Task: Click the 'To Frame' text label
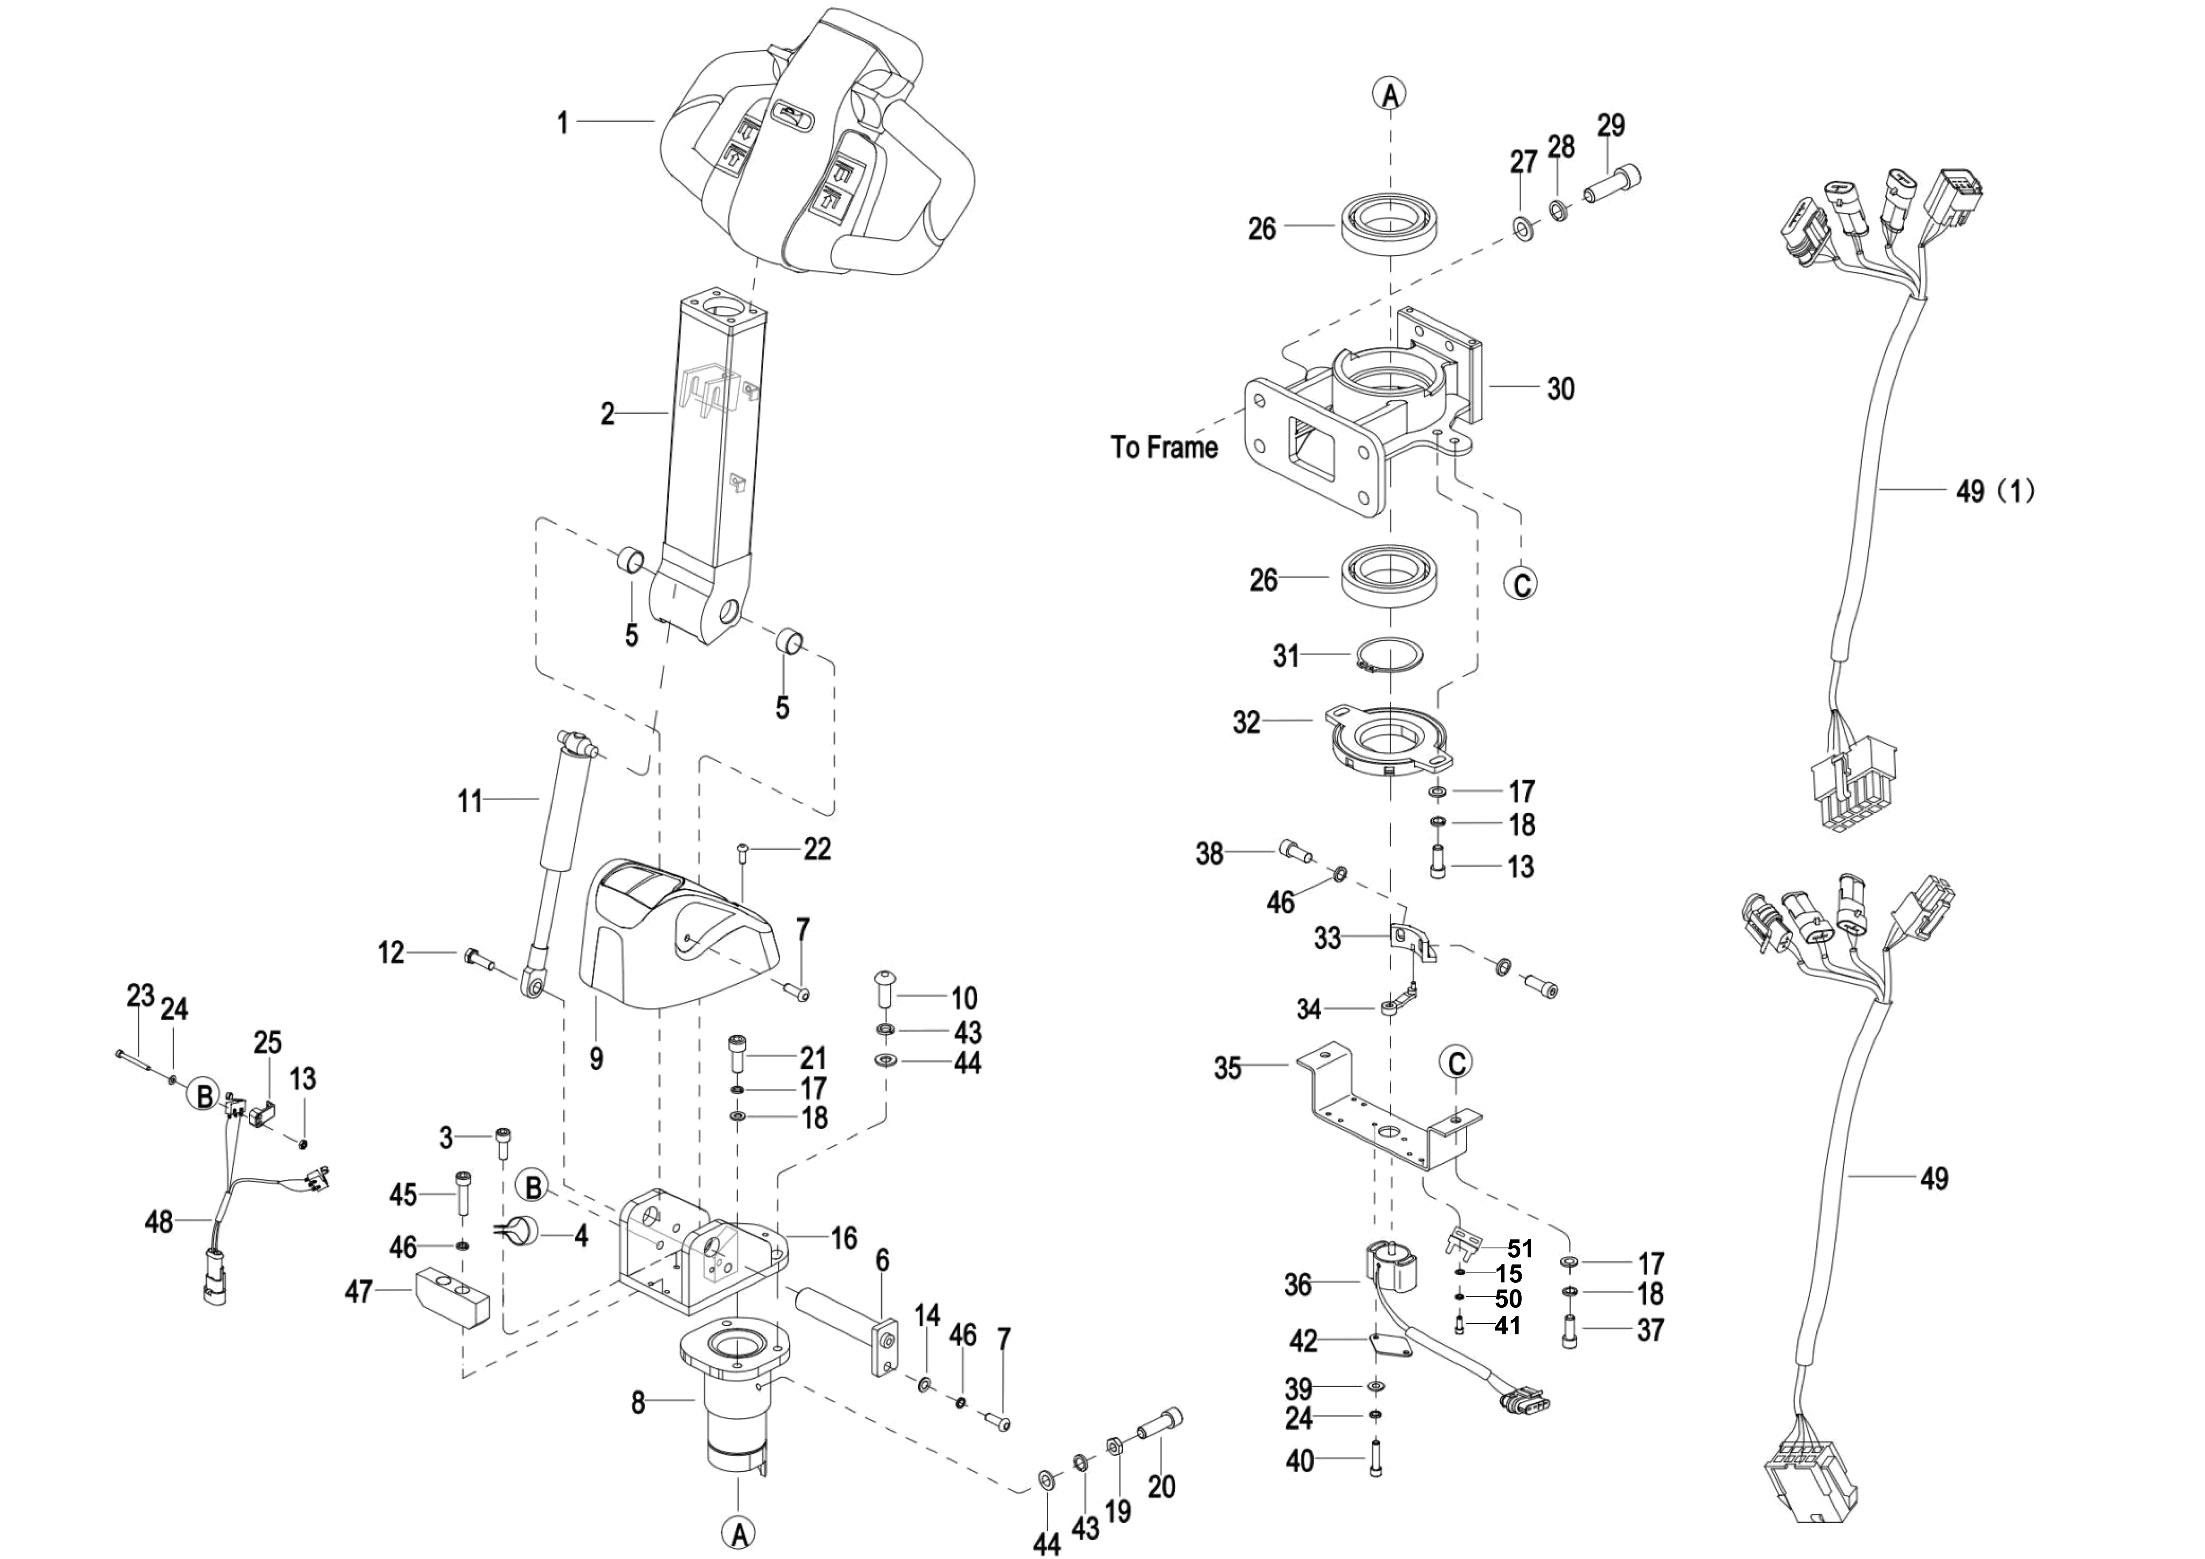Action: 1164,447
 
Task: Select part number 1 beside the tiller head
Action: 564,123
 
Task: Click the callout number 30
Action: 1561,389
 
